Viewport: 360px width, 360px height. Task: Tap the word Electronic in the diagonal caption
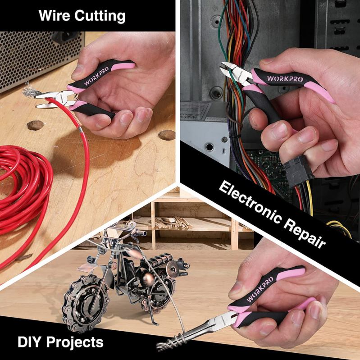250,202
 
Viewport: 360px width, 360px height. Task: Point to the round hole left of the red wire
36,125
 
